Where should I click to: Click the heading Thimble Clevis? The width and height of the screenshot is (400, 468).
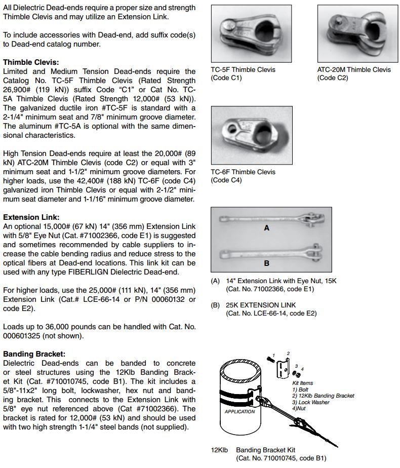tap(31, 62)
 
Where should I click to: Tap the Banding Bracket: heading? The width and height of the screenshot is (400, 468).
tap(34, 354)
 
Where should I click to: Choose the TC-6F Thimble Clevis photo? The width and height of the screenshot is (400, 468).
tap(251, 137)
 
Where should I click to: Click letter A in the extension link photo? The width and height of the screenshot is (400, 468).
tap(267, 228)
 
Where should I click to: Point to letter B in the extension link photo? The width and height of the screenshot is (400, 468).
tap(267, 263)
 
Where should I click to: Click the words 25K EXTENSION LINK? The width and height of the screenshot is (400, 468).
tap(261, 305)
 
